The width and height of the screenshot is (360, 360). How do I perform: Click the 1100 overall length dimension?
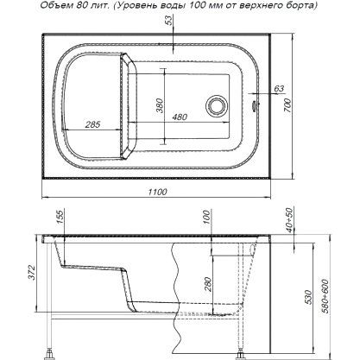[x=158, y=192]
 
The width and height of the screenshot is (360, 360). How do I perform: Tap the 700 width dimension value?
[x=288, y=105]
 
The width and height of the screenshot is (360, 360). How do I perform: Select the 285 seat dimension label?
[x=92, y=124]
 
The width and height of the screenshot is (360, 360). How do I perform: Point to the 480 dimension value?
[x=180, y=117]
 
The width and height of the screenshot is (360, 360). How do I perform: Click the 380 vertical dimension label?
[x=160, y=105]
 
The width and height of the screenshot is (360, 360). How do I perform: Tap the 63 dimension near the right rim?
[x=279, y=89]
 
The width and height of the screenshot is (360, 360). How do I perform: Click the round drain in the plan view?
[x=217, y=105]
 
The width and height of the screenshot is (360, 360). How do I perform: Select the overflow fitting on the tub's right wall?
[x=254, y=105]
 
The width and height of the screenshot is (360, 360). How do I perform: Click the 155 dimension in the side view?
[x=59, y=218]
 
